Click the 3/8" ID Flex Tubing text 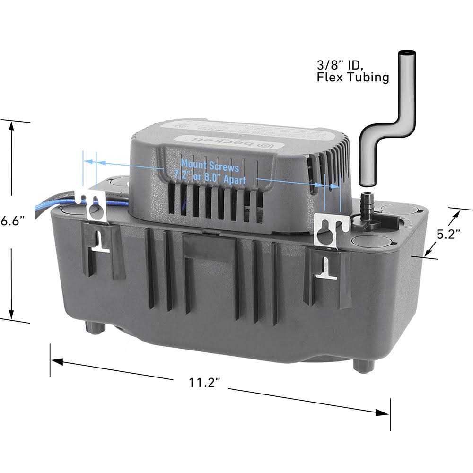pos(353,70)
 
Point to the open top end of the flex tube pos(405,53)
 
